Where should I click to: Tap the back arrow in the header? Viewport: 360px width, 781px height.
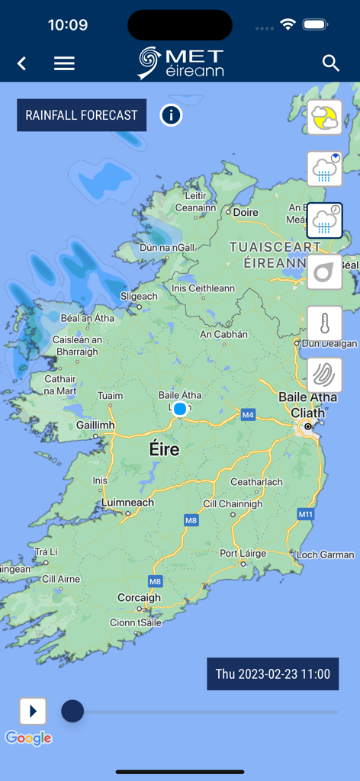coord(22,63)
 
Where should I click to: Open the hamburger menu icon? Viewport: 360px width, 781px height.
coord(64,63)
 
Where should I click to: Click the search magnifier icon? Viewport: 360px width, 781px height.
coord(330,63)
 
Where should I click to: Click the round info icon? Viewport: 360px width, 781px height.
coord(171,115)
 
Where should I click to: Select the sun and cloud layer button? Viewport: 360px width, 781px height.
coord(324,118)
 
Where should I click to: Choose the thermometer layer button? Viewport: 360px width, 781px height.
coord(324,323)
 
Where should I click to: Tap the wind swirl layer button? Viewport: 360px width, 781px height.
coord(324,374)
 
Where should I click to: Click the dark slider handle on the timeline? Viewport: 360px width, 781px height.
coord(72,712)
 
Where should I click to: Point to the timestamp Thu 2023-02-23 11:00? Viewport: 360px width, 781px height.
coord(272,674)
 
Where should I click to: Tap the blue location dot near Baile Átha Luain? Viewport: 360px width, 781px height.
coord(180,409)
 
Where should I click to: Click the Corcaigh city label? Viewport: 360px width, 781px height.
coord(139,598)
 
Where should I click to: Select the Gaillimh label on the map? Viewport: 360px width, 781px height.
coord(95,426)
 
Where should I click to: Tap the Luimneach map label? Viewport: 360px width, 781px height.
coord(127,503)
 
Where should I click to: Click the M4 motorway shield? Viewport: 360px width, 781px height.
coord(248,415)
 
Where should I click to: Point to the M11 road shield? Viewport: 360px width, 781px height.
coord(305,515)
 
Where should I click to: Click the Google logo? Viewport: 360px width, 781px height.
coord(28,738)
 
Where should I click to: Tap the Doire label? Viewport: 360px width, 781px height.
coord(246,213)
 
